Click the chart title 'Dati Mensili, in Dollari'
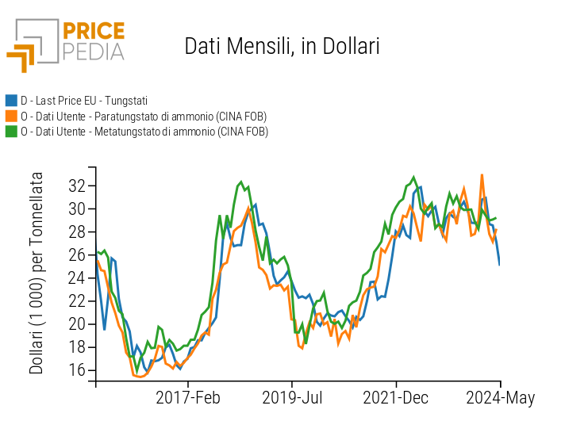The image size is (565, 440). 282,46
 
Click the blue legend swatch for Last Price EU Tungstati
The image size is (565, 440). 11,101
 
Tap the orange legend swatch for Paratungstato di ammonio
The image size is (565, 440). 11,116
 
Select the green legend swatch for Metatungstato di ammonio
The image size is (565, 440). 11,131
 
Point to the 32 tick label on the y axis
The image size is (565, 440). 77,186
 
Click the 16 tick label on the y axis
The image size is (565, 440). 77,370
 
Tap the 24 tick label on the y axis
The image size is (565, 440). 77,278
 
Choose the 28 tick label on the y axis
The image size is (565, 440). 77,232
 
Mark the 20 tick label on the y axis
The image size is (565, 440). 77,324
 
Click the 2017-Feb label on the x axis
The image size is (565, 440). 188,398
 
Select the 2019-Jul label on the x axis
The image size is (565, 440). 292,398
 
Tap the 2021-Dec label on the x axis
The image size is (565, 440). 397,398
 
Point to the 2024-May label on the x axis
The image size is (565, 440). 500,398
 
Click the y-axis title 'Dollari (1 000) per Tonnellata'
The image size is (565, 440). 37,274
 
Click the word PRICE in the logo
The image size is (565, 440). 93,31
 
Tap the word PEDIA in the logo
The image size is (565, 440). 93,52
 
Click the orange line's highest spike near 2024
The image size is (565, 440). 482,175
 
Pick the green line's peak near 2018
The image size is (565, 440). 240,182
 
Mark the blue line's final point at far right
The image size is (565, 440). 499,264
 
